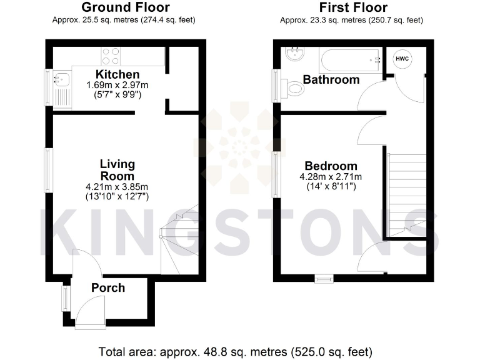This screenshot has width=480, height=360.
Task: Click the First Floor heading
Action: pyautogui.click(x=353, y=8)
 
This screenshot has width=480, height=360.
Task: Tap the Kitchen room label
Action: pyautogui.click(x=112, y=75)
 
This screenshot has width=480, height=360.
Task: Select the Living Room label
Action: pyautogui.click(x=117, y=170)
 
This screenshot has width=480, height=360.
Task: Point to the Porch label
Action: pyautogui.click(x=108, y=288)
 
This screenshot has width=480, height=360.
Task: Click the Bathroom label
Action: pyautogui.click(x=331, y=79)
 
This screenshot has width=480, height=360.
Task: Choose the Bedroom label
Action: pyautogui.click(x=331, y=166)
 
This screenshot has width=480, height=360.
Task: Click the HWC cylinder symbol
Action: pyautogui.click(x=400, y=59)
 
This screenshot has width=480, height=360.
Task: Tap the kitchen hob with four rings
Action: pyautogui.click(x=111, y=56)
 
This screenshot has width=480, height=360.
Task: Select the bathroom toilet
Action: pyautogui.click(x=292, y=89)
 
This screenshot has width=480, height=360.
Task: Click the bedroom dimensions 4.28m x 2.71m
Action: pyautogui.click(x=331, y=177)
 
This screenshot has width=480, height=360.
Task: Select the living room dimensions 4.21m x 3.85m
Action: pyautogui.click(x=117, y=187)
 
